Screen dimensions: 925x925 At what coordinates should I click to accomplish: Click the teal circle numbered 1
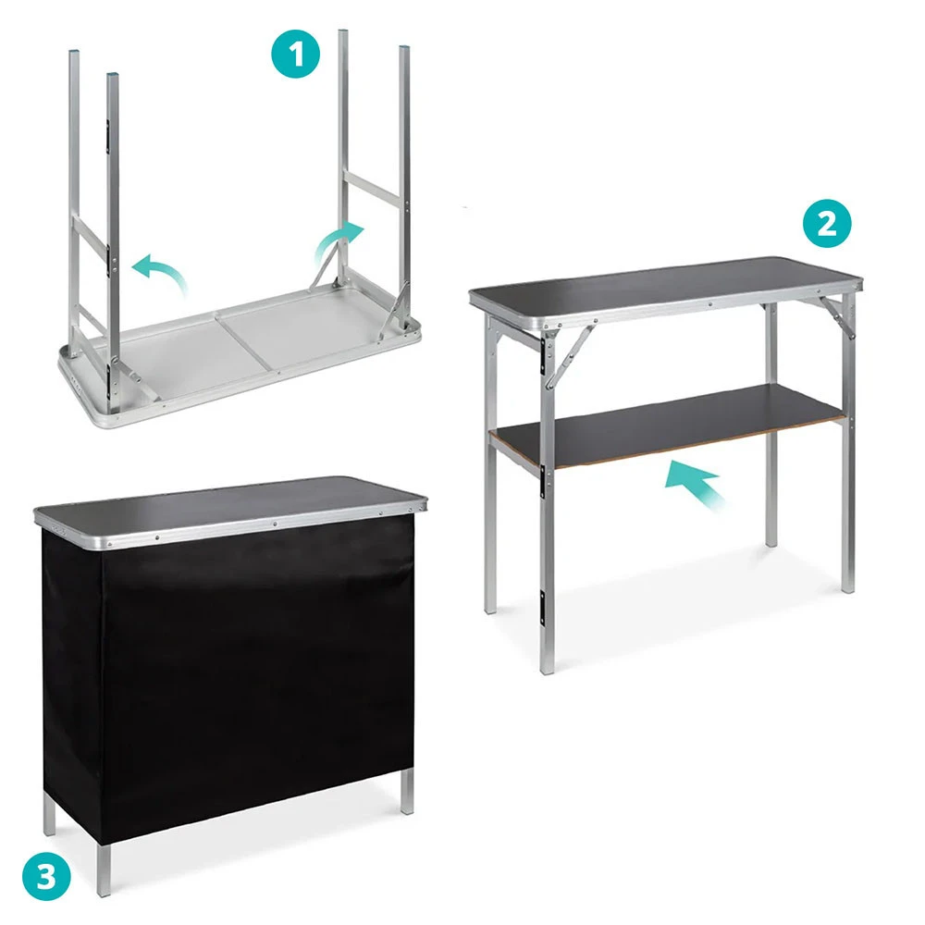coord(296,54)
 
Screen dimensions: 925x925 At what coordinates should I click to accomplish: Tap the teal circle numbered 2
coord(827,223)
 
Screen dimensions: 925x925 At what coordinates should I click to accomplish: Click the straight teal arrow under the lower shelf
coord(694,483)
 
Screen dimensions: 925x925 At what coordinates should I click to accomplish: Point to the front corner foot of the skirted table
coord(104,870)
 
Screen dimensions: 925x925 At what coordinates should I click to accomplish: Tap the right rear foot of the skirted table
coord(407,793)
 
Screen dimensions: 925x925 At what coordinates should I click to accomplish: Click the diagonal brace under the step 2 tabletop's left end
coord(569,357)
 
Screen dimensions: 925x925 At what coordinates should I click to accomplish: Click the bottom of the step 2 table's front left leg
coord(547,667)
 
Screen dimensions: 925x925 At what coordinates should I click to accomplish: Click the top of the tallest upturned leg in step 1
coord(343,31)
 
